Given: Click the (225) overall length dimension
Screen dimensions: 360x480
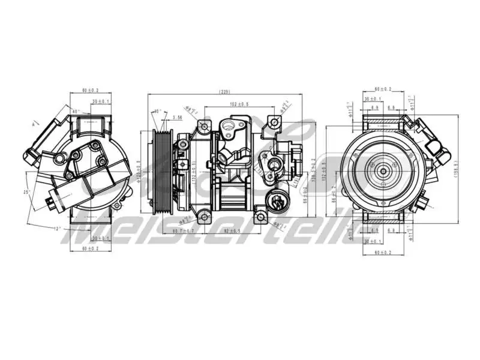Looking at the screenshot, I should click(225, 92).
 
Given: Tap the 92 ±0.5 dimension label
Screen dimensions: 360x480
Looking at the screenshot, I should click(232, 231).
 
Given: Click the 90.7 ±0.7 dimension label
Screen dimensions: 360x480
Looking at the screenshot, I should click(184, 231).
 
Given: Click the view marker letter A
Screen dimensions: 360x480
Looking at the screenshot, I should click(35, 124).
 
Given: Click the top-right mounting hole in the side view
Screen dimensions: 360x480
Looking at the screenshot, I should click(274, 123).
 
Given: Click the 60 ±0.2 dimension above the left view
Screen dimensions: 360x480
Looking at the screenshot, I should click(92, 91).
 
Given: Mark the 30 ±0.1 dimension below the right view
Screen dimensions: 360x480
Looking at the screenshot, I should click(372, 241).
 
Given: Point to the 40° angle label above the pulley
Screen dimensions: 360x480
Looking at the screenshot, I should click(157, 112).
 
